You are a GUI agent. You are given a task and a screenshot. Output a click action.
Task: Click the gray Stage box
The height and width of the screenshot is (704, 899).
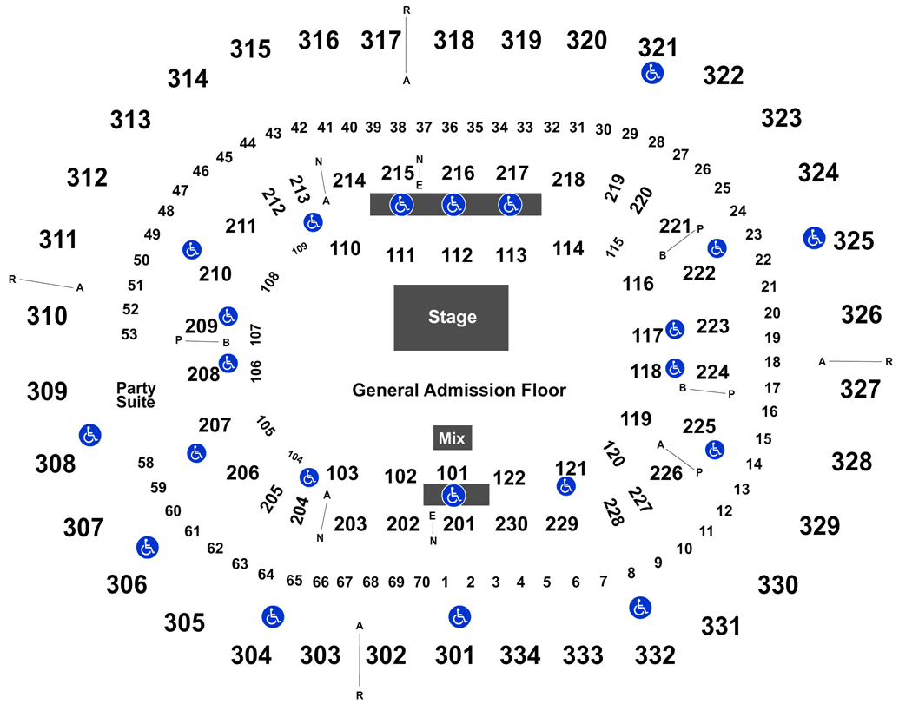pyautogui.click(x=451, y=317)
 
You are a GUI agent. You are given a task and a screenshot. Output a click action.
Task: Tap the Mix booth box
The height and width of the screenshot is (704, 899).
pyautogui.click(x=452, y=438)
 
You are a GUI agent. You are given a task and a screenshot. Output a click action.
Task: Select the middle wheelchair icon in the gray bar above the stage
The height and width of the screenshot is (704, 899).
pyautogui.click(x=453, y=205)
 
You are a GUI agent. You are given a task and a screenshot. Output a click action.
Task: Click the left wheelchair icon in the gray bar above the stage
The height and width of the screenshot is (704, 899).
pyautogui.click(x=400, y=205)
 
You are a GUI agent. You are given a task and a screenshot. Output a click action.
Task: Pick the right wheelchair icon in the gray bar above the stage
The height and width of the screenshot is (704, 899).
pyautogui.click(x=509, y=205)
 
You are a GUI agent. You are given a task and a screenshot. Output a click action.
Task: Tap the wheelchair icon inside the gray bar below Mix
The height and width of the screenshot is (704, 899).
pyautogui.click(x=453, y=496)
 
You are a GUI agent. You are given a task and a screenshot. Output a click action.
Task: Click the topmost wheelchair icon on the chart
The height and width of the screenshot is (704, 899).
pyautogui.click(x=652, y=73)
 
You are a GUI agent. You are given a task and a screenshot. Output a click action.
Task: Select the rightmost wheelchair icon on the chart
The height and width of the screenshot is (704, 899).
pyautogui.click(x=814, y=237)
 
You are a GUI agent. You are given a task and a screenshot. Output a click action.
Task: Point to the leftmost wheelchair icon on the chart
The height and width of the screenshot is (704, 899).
pyautogui.click(x=89, y=435)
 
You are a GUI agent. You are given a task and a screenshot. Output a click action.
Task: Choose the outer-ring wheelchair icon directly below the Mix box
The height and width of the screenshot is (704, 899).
pyautogui.click(x=459, y=617)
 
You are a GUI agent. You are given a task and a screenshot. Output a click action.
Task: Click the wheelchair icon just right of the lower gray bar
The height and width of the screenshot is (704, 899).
pyautogui.click(x=565, y=486)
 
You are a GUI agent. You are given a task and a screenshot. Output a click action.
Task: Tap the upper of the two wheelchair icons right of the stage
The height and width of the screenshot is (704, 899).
pyautogui.click(x=675, y=329)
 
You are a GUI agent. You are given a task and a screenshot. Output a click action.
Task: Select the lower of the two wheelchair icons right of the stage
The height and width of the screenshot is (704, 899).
pyautogui.click(x=675, y=368)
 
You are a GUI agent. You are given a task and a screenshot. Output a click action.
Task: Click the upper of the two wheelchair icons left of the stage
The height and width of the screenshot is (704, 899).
pyautogui.click(x=228, y=316)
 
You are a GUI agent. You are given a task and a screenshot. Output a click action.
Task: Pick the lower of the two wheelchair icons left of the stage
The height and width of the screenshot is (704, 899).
pyautogui.click(x=228, y=363)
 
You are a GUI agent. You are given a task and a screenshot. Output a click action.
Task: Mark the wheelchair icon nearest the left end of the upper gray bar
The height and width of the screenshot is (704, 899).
pyautogui.click(x=313, y=222)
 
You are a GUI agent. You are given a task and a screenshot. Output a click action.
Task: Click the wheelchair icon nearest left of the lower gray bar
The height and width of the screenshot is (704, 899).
pyautogui.click(x=309, y=477)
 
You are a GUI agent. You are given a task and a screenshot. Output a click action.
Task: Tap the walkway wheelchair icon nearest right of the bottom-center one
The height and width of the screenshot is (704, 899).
pyautogui.click(x=640, y=608)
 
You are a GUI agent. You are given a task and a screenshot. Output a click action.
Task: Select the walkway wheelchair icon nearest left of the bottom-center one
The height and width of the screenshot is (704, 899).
pyautogui.click(x=273, y=616)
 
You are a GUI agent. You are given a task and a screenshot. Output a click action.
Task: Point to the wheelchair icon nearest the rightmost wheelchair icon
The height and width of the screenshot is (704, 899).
pyautogui.click(x=717, y=248)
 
